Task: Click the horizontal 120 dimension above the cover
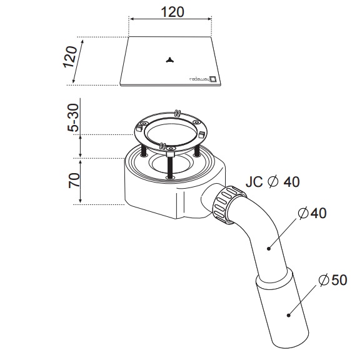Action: (x=173, y=12)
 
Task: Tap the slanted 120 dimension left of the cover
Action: (x=70, y=57)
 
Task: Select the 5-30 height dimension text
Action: (x=73, y=117)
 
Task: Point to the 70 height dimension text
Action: (x=74, y=181)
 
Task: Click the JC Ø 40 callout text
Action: (x=273, y=182)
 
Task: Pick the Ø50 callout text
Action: (x=333, y=280)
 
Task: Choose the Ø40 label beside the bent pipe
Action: (x=312, y=213)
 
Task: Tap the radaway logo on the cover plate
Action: (x=203, y=79)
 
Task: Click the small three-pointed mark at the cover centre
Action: (x=169, y=60)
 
